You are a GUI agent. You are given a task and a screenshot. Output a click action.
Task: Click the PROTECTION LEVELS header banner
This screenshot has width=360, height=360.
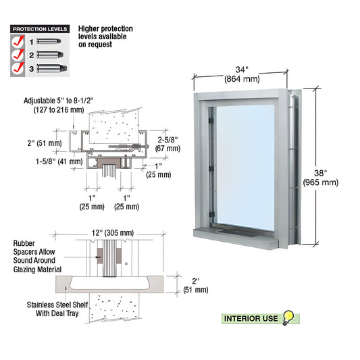[40, 29]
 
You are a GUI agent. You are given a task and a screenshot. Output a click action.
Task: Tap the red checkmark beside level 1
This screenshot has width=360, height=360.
[18, 41]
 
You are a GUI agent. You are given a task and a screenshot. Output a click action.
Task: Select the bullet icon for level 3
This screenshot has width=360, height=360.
[52, 68]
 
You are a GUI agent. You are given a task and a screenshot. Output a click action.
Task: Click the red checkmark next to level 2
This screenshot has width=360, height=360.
[18, 55]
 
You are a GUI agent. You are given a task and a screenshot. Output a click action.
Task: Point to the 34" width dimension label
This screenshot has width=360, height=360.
[242, 74]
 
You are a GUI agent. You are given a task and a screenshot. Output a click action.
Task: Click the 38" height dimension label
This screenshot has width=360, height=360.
[321, 178]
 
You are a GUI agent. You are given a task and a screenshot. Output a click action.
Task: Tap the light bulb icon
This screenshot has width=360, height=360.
[288, 317]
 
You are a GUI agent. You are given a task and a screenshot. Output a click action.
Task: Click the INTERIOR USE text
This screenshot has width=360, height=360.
[251, 319]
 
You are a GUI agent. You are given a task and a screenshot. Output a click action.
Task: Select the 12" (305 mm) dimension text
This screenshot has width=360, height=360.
[113, 233]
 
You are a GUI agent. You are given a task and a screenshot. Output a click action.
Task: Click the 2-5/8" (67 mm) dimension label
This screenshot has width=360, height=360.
[168, 144]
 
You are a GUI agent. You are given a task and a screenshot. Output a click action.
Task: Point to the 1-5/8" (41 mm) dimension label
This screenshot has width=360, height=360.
[59, 161]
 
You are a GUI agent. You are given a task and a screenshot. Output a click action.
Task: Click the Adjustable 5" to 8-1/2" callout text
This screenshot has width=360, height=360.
[59, 105]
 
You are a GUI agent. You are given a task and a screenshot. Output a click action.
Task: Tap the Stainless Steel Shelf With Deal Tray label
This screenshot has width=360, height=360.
[57, 309]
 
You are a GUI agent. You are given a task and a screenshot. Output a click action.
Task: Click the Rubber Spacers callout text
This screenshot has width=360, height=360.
[37, 256]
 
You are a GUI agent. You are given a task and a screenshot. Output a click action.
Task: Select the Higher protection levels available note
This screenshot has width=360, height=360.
[105, 36]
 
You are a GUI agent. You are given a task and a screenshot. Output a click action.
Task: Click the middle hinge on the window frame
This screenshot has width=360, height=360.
[211, 168]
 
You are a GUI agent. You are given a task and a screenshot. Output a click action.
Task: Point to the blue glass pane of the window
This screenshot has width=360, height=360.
[245, 168]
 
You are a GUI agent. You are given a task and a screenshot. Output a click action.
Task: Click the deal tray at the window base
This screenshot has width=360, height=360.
[236, 232]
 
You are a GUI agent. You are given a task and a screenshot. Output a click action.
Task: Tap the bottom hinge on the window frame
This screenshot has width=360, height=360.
[211, 215]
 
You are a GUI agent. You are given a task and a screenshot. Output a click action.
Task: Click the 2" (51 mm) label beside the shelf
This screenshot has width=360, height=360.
[196, 286]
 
